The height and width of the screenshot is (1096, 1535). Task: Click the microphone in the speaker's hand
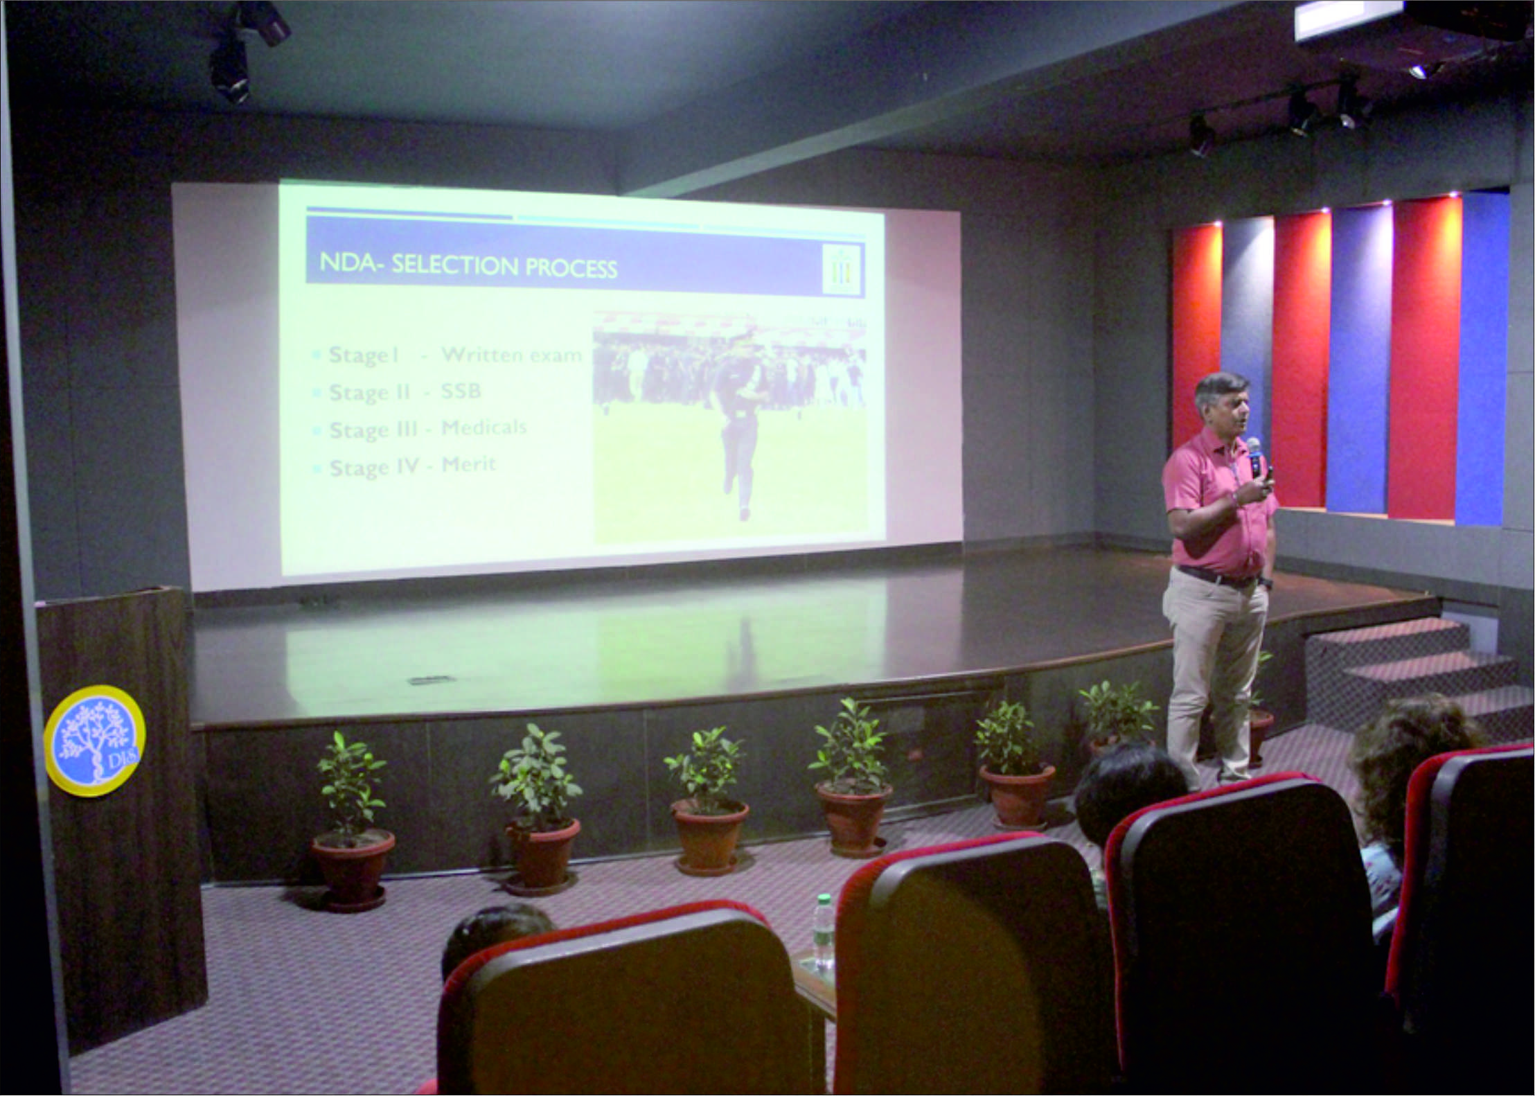(1254, 457)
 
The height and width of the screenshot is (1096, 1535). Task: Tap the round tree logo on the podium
(94, 740)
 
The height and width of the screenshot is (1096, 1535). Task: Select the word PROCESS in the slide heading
(571, 268)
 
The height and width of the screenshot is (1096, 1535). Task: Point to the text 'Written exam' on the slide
(512, 355)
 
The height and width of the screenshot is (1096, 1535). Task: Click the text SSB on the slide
(461, 391)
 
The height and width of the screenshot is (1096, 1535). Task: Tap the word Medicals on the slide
(483, 427)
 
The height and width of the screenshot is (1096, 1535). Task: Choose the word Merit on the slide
(469, 464)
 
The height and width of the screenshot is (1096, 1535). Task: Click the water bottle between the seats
(822, 933)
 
